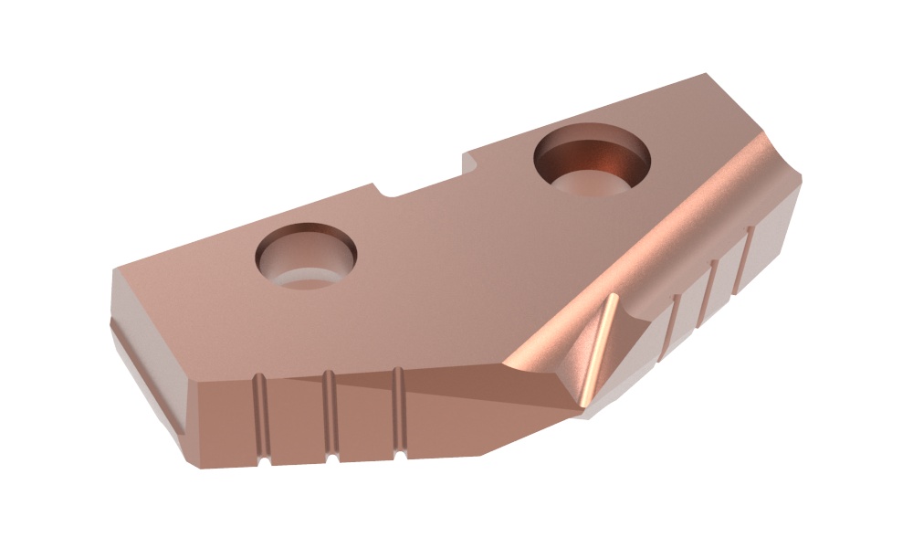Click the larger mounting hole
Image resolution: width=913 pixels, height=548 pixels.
[x=592, y=163]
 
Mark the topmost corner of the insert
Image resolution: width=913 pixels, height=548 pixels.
[x=705, y=75]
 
